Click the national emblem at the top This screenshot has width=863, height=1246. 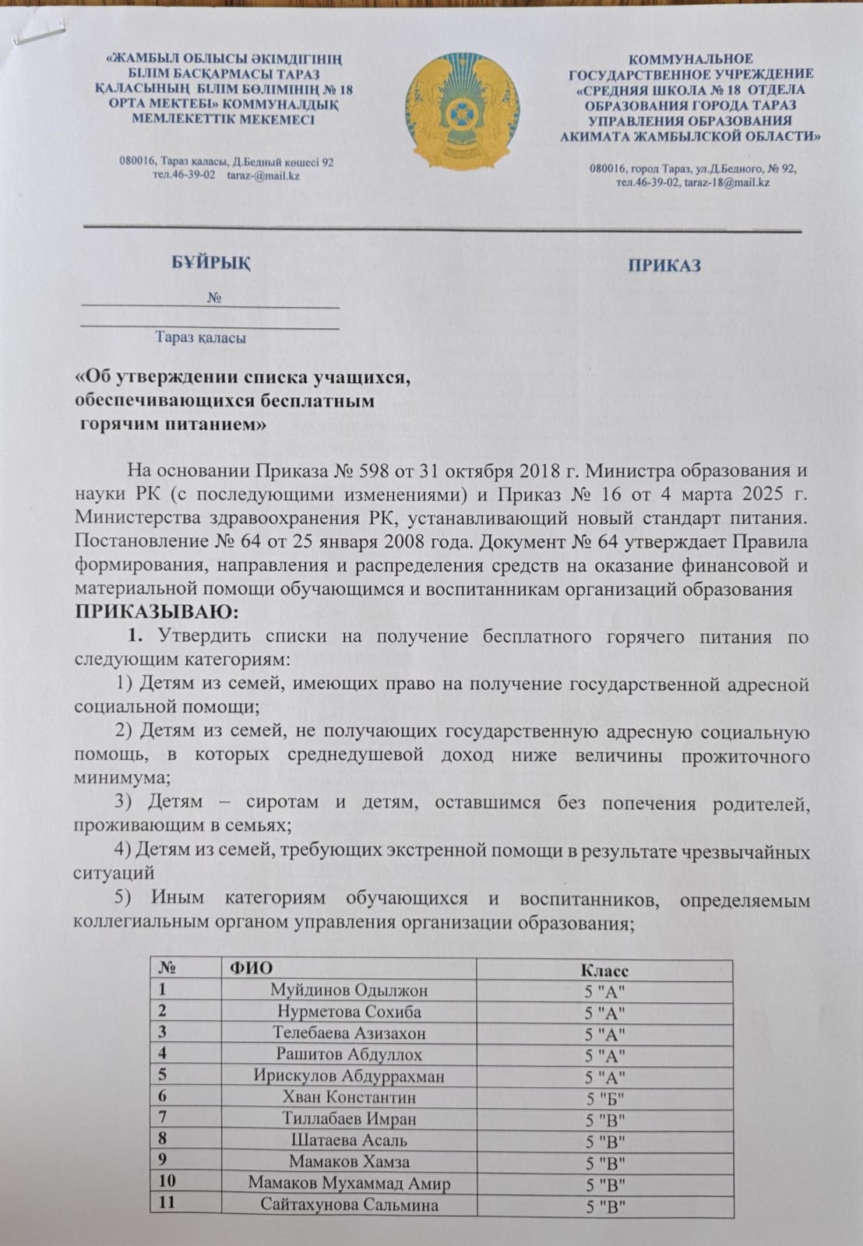pyautogui.click(x=461, y=110)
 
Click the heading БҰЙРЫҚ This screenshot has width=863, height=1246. pyautogui.click(x=211, y=263)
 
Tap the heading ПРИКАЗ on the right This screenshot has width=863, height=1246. pyautogui.click(x=664, y=266)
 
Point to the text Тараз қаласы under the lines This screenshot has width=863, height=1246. pyautogui.click(x=201, y=338)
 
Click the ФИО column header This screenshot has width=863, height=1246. pyautogui.click(x=251, y=970)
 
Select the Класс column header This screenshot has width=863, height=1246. pyautogui.click(x=604, y=971)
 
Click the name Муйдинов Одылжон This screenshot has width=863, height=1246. pyautogui.click(x=349, y=991)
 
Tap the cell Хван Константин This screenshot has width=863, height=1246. pyautogui.click(x=349, y=1098)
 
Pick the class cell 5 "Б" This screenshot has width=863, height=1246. pyautogui.click(x=605, y=1099)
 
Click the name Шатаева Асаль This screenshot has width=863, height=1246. pyautogui.click(x=349, y=1141)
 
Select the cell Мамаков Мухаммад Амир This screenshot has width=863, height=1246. pyautogui.click(x=349, y=1184)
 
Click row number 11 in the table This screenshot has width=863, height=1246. pyautogui.click(x=167, y=1204)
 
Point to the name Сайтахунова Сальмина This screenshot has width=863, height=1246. pyautogui.click(x=349, y=1206)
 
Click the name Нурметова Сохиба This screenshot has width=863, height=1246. pyautogui.click(x=349, y=1012)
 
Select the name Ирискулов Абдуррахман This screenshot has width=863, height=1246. pyautogui.click(x=349, y=1076)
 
